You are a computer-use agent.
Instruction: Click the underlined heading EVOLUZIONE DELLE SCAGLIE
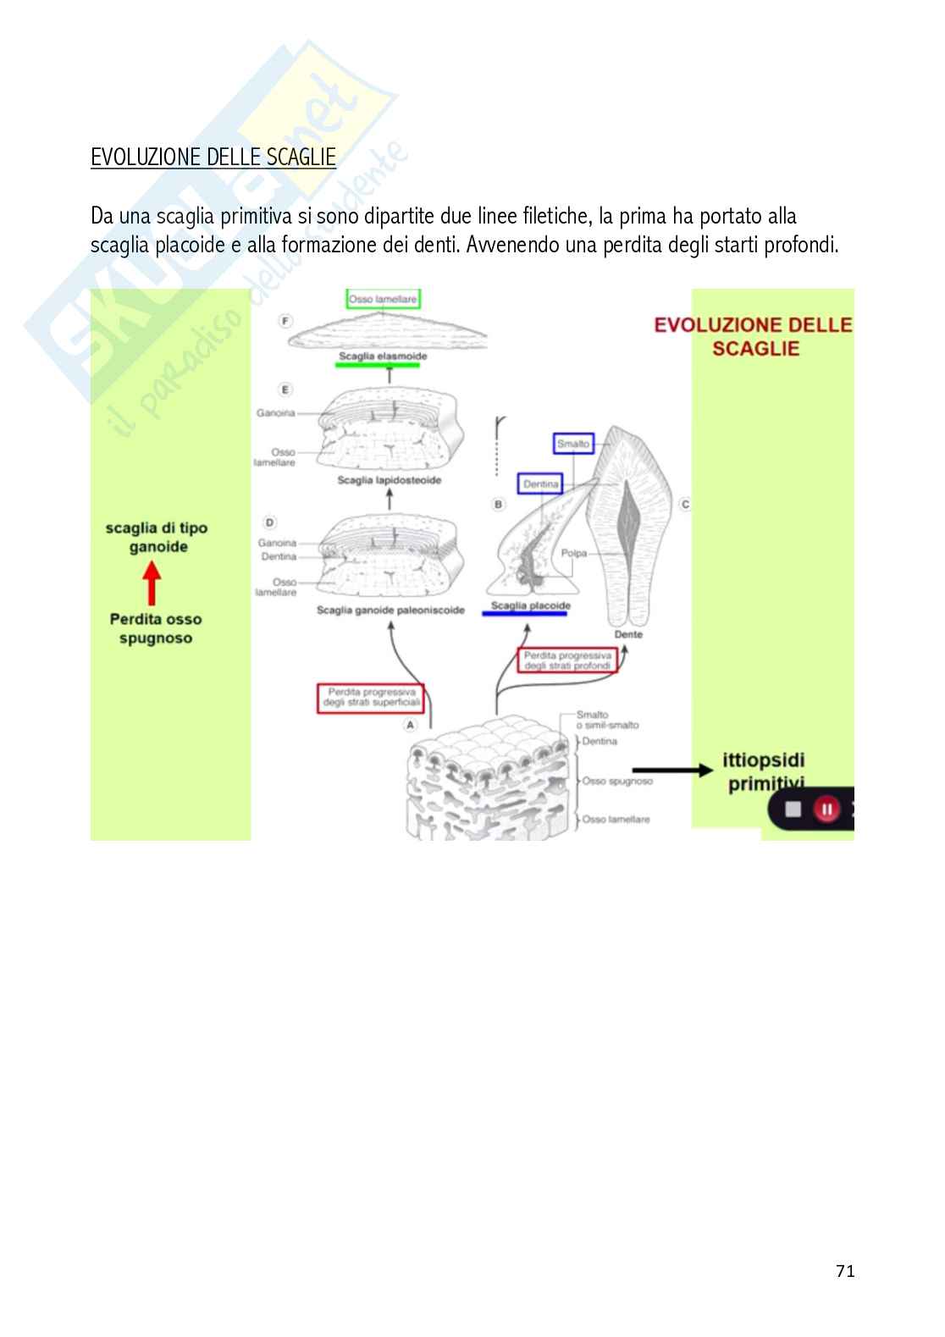213,157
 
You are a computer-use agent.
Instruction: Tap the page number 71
844,1270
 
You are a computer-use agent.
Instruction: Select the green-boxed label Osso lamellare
383,299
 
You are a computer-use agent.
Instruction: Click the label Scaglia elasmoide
383,356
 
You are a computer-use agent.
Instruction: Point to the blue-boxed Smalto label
573,444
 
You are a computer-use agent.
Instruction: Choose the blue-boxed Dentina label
540,484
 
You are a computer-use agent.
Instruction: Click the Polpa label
573,554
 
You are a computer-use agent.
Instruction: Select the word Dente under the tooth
627,634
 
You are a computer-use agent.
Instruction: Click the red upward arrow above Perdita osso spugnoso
152,583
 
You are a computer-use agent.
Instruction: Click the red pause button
826,809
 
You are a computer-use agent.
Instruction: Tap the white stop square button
793,809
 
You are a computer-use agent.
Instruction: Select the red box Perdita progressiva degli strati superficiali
370,698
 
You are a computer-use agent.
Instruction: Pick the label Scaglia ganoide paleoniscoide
390,610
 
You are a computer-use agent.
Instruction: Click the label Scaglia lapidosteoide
390,480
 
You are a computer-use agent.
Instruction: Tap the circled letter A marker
411,725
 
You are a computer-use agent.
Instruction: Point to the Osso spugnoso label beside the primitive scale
617,781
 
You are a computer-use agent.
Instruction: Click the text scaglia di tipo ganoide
157,538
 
